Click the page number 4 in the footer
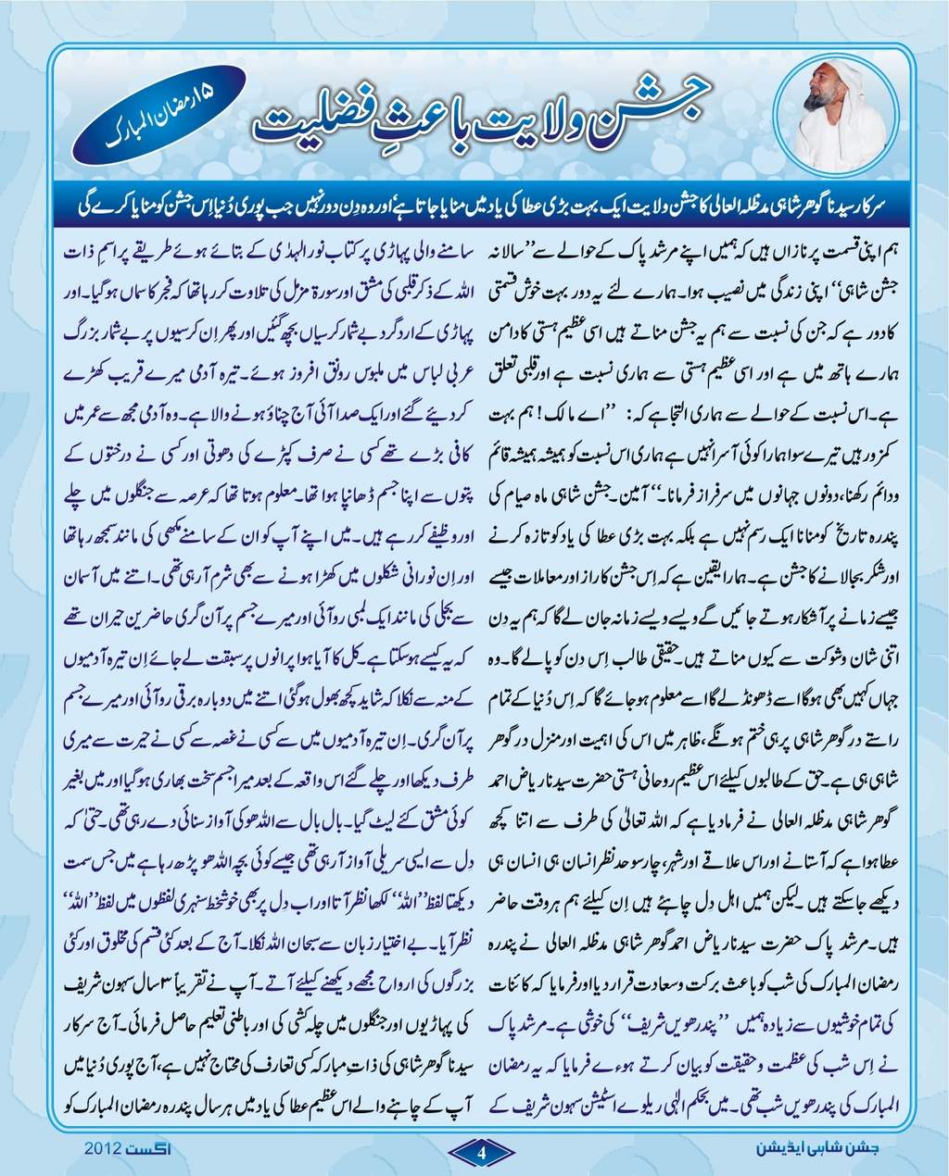[481, 1151]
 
